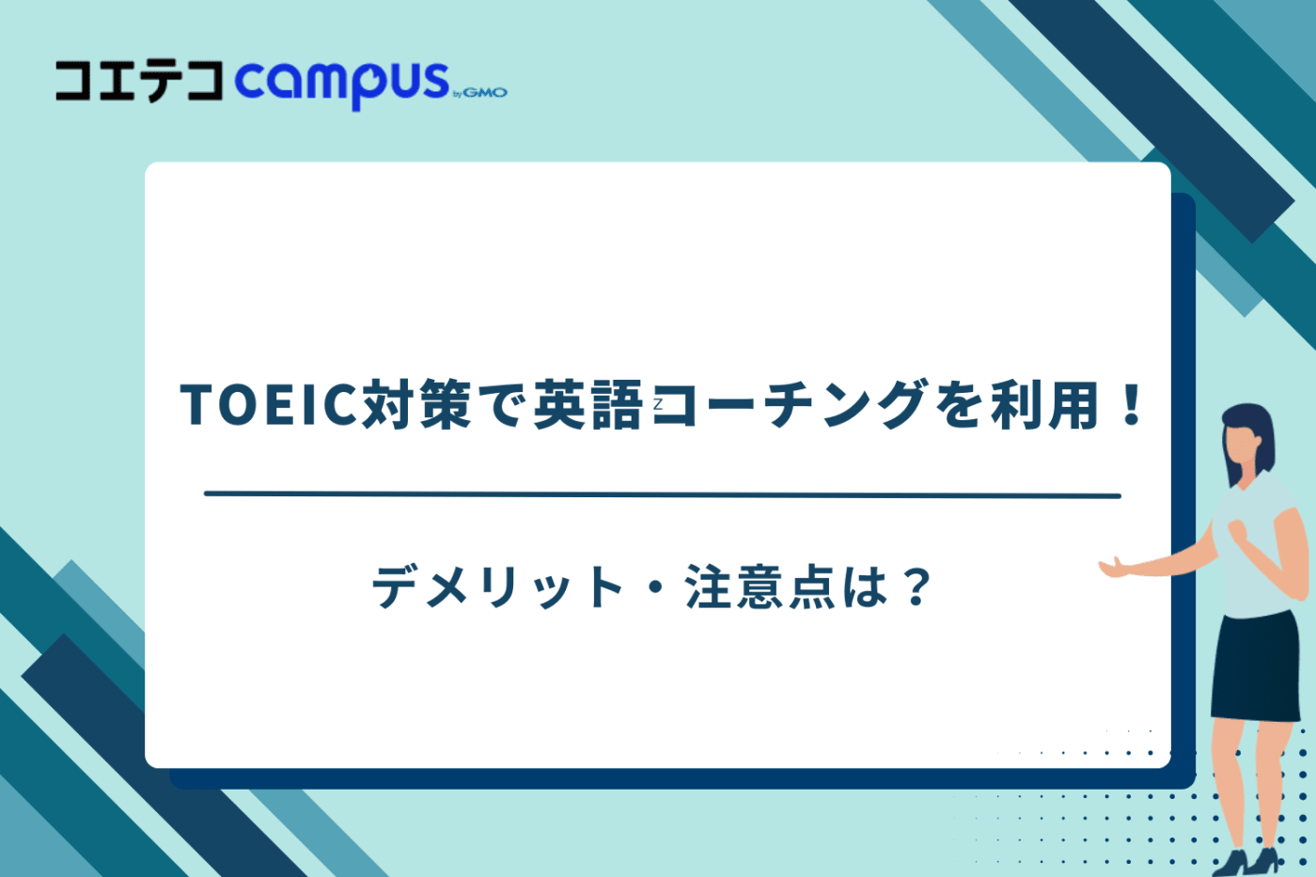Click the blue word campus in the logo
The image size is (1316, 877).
pyautogui.click(x=341, y=83)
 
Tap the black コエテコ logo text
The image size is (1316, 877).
pyautogui.click(x=139, y=81)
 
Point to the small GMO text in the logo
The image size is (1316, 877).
pyautogui.click(x=484, y=92)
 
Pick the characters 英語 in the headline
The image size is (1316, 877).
pyautogui.click(x=587, y=405)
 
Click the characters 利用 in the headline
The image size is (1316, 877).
pyautogui.click(x=1044, y=405)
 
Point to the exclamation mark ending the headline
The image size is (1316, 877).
pyautogui.click(x=1132, y=405)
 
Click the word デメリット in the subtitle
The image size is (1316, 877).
pyautogui.click(x=497, y=587)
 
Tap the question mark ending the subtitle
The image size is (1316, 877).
pyautogui.click(x=915, y=587)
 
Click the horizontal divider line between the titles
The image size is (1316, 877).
pyautogui.click(x=662, y=494)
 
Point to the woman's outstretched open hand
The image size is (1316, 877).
pyautogui.click(x=1115, y=566)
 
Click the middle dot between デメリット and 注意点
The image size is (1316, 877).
pyautogui.click(x=655, y=588)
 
